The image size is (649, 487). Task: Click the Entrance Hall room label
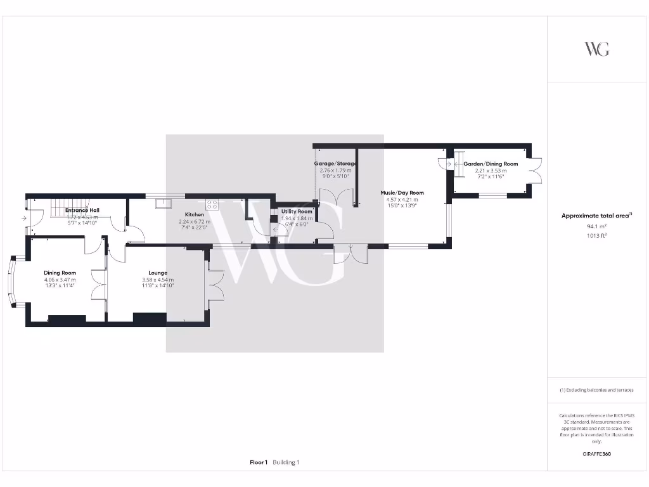(x=82, y=210)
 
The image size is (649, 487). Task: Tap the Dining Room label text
(x=60, y=273)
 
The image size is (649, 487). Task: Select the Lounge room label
(x=158, y=273)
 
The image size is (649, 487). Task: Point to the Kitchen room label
(x=195, y=214)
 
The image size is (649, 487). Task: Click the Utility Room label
(x=297, y=211)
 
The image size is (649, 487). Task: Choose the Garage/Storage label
(x=336, y=164)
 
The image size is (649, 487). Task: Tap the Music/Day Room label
(x=402, y=193)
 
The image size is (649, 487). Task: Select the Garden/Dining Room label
(x=491, y=164)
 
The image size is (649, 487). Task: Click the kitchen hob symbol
(x=212, y=204)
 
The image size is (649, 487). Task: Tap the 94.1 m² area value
(x=596, y=226)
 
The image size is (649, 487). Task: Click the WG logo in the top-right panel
(x=596, y=49)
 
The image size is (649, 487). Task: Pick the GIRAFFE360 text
(x=596, y=454)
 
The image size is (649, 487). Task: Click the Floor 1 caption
(x=259, y=462)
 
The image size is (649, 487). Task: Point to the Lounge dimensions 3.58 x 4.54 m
(x=158, y=280)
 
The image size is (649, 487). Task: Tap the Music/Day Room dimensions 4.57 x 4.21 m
(x=402, y=200)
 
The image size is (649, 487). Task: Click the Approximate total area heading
(x=596, y=216)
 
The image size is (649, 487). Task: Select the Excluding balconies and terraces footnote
(x=596, y=390)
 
